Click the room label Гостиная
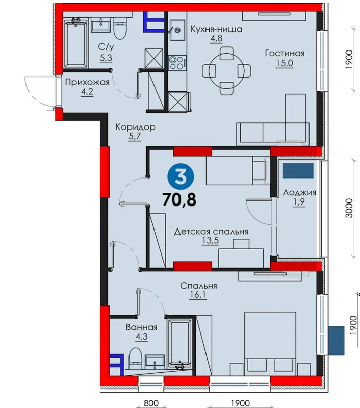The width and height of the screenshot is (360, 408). point(285,54)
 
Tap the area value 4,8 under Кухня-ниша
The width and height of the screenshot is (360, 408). point(216,39)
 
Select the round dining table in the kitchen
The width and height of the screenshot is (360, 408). point(226,70)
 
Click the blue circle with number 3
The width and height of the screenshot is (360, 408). point(181,176)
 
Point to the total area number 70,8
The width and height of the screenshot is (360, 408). point(179,199)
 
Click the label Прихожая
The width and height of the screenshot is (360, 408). point(87,83)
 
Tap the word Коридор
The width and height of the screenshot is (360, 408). point(135,127)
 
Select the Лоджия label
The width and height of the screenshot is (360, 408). point(299,193)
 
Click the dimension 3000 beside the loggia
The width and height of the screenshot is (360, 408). point(349,208)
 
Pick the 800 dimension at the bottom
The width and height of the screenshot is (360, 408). point(151,403)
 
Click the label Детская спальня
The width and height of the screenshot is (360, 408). point(211,232)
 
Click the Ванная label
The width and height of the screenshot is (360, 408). point(142,327)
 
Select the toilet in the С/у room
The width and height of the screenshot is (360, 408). point(120,29)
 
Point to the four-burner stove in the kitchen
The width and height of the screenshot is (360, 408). point(177,63)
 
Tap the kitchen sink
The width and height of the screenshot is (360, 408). point(177,31)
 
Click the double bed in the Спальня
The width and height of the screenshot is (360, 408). point(270,344)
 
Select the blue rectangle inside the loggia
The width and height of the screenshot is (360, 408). point(298,170)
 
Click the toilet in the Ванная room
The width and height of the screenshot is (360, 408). point(135,358)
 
